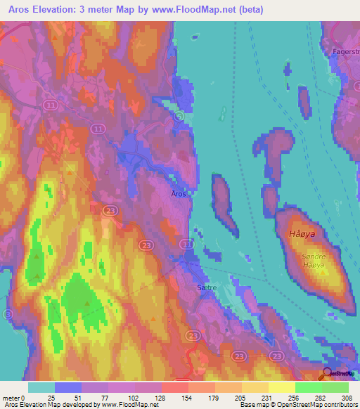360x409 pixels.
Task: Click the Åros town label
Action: (x=179, y=194)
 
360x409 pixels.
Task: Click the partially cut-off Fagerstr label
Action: (x=345, y=53)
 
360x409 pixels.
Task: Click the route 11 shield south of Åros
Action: (x=186, y=243)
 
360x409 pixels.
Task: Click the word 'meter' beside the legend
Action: (x=13, y=397)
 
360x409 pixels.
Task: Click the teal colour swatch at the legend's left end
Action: (x=41, y=387)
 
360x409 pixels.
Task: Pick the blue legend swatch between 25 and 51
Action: (x=68, y=387)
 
